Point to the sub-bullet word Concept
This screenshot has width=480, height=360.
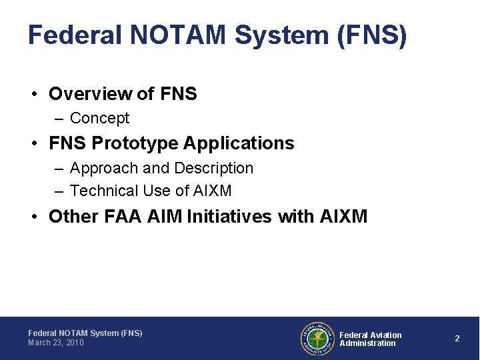(99, 119)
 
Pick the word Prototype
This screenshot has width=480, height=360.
(136, 143)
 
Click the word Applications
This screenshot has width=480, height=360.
(239, 143)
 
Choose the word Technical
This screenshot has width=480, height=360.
(104, 191)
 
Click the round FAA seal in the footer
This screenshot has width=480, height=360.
(317, 339)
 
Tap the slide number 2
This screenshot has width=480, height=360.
(457, 339)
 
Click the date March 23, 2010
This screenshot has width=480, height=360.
(56, 343)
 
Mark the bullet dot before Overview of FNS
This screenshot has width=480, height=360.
(34, 94)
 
